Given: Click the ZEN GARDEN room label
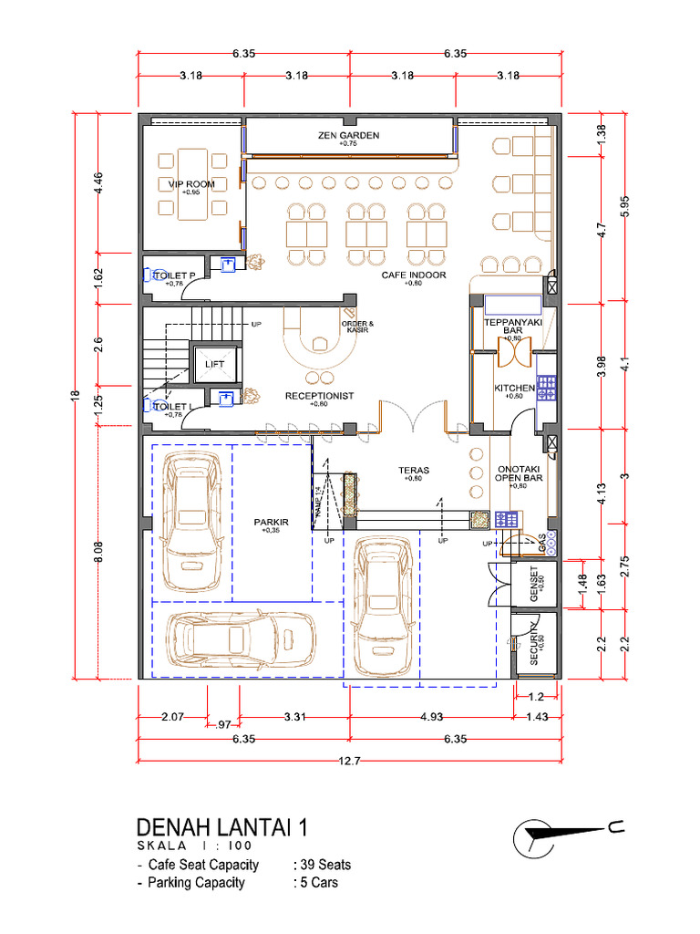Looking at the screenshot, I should pos(348,136).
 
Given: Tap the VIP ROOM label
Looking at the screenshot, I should pos(191,185).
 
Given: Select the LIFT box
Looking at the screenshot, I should pos(215,364).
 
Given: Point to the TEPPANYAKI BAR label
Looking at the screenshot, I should pos(513,327).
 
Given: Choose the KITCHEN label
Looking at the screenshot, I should pos(514,389).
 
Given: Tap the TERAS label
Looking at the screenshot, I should pos(413,472).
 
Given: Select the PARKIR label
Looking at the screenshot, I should pos(271,523).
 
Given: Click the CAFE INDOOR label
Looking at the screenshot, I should pos(413,275).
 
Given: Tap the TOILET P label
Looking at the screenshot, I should pos(175,275).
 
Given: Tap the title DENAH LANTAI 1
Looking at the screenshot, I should pos(221,827).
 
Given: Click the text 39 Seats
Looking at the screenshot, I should pos(323,865).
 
